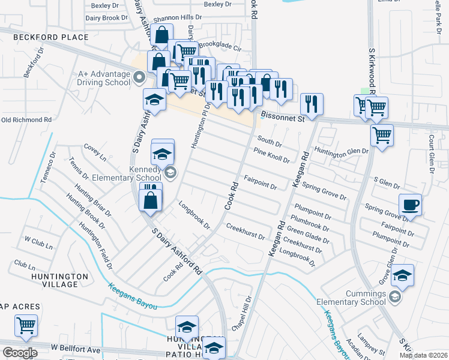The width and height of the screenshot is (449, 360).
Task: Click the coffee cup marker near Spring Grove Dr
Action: pos(411,205)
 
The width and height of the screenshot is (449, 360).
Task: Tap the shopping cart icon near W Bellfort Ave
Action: pos(26,325)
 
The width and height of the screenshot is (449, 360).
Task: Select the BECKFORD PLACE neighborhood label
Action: pos(52,37)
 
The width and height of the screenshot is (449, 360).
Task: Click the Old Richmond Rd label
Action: pos(26,119)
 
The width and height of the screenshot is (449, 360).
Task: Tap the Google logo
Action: pos(19,352)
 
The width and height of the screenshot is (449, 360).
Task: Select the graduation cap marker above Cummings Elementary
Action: pos(402,275)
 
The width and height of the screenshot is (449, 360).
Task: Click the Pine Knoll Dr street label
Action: pos(271,155)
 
